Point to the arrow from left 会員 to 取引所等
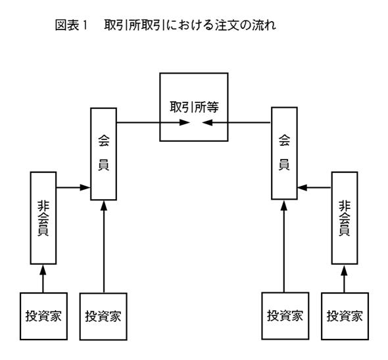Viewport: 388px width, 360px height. (153, 122)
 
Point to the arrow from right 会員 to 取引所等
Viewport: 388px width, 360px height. (237, 122)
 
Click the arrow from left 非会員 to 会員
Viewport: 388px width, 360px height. (73, 187)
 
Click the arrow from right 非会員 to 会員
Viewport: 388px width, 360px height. (314, 187)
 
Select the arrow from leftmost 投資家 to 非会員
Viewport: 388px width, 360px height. (43, 279)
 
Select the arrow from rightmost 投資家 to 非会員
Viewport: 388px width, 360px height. (344, 279)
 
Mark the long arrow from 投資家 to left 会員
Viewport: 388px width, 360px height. (104, 247)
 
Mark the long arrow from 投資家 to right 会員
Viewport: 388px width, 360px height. (284, 246)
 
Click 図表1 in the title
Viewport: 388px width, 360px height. (71, 25)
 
